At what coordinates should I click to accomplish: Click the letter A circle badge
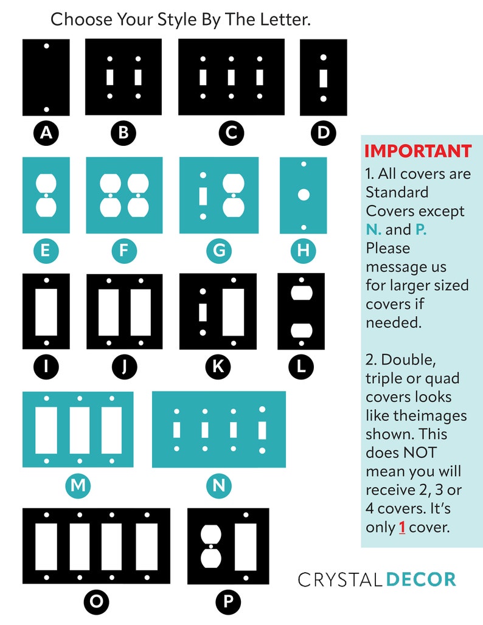(x=46, y=133)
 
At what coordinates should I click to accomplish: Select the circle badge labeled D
(x=323, y=133)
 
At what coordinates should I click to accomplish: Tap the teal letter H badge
(x=304, y=250)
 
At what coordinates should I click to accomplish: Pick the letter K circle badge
(x=218, y=367)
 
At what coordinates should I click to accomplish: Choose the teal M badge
(x=78, y=486)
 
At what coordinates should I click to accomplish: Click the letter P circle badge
(x=228, y=601)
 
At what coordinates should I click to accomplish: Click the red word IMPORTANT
(x=418, y=151)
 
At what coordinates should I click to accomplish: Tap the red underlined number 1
(x=402, y=527)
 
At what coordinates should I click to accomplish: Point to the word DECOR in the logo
(x=421, y=579)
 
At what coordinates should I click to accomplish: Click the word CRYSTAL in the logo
(x=340, y=579)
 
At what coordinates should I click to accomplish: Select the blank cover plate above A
(x=46, y=77)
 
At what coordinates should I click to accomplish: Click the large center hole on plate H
(x=304, y=195)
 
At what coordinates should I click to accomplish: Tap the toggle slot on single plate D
(x=324, y=78)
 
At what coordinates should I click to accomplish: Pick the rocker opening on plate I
(x=46, y=312)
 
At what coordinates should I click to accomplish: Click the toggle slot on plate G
(x=203, y=196)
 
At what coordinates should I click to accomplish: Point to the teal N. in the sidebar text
(x=374, y=230)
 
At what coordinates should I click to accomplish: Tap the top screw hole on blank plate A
(x=46, y=46)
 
